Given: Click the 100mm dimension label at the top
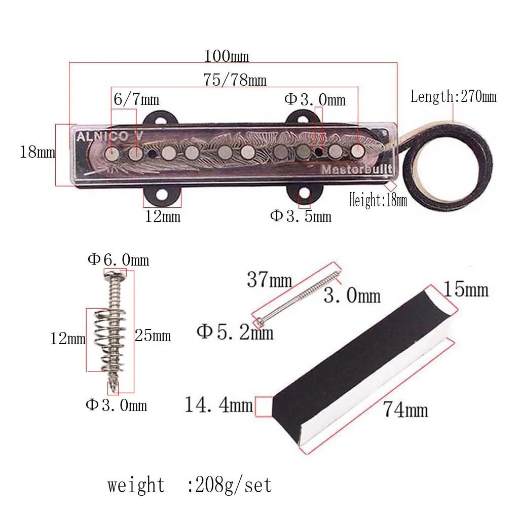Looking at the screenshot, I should click(226, 55).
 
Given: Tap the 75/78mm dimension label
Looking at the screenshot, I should click(235, 80).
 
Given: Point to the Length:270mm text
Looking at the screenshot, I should click(453, 96).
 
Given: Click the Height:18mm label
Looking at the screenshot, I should click(378, 201).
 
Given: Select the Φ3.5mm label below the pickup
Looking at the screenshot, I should click(301, 216).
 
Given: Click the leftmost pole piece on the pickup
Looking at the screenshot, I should click(112, 153).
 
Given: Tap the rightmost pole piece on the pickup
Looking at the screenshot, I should click(358, 150).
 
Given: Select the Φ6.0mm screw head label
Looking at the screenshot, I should click(118, 260).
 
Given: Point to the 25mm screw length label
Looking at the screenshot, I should click(153, 336).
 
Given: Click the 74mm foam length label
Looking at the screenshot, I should click(405, 409).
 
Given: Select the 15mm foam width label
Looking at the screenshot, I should click(466, 290).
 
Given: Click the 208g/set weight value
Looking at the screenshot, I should click(230, 485).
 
